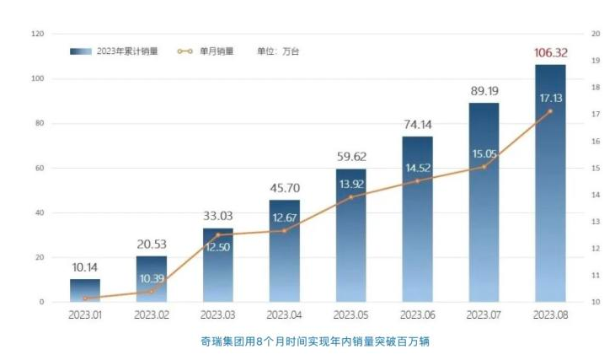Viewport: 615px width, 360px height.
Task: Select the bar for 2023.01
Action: pos(85,290)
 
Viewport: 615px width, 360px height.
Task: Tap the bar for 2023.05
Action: pos(350,244)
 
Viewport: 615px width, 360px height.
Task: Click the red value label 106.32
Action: pos(550,53)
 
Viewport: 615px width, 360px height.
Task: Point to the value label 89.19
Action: pos(484,91)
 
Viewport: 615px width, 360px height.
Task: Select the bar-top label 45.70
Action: pos(284,188)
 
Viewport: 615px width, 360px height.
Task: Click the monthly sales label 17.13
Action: pos(550,98)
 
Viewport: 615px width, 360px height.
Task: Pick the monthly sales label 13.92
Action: pos(350,183)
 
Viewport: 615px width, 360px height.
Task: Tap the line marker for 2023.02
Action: pos(152,292)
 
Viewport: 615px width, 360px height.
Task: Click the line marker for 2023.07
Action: pos(484,167)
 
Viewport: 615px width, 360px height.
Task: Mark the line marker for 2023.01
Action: pos(85,298)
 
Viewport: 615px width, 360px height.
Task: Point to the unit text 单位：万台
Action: pos(278,51)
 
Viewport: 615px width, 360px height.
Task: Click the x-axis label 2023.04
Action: pos(284,314)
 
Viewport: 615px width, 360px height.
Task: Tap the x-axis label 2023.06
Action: pos(417,314)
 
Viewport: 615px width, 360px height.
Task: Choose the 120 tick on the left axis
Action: pos(37,34)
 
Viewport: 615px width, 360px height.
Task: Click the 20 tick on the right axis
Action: pos(596,34)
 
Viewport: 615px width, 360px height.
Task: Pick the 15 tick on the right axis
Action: pos(596,168)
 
